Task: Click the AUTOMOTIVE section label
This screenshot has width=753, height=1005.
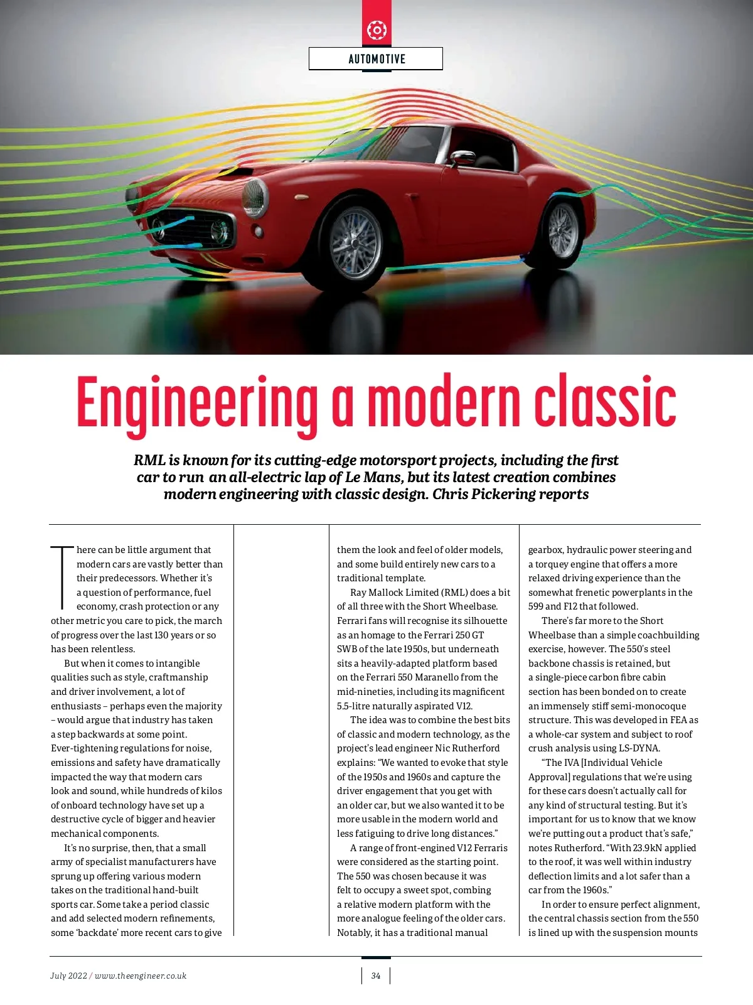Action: point(376,59)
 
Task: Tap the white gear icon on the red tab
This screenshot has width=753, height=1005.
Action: point(376,30)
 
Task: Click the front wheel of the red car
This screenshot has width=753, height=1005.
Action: point(356,243)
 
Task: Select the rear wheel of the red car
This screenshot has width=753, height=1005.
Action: point(562,230)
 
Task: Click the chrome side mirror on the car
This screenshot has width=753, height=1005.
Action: point(463,157)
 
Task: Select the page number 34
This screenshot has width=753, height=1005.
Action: point(376,975)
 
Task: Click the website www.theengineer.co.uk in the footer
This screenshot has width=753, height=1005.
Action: point(141,975)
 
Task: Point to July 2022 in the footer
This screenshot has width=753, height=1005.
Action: point(68,975)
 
